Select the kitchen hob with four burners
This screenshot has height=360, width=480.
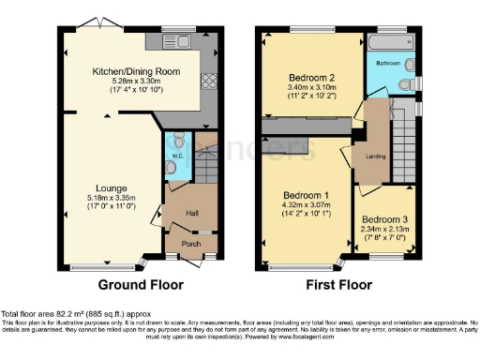click(207, 81)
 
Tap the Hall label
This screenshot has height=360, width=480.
click(192, 213)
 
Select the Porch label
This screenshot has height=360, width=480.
click(190, 244)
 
